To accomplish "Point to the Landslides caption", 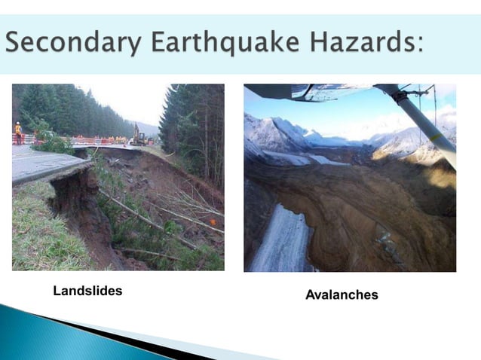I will coord(87,291).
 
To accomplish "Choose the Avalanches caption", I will coord(342,294).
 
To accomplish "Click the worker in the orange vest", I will coord(18,131).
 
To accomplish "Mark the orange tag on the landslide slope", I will coord(213,221).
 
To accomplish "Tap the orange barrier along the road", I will coord(83,140).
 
